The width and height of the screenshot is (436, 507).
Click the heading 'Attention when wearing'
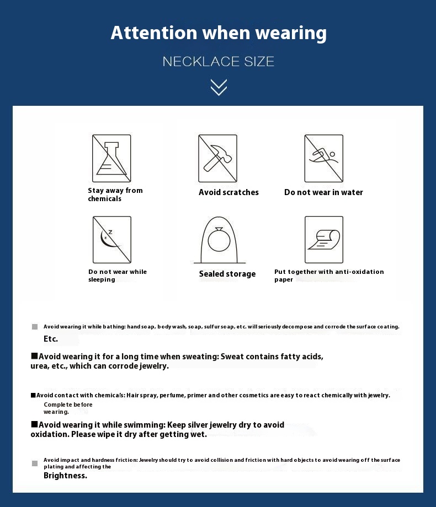coord(219,33)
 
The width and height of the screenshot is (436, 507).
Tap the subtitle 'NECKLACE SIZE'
coord(219,61)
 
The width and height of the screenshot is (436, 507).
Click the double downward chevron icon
coord(219,87)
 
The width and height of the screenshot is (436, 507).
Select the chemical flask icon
coord(111,158)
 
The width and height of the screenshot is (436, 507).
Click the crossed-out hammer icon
coord(217,158)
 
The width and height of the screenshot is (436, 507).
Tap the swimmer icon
coord(324,158)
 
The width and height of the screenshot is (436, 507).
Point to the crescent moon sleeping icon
coord(111,240)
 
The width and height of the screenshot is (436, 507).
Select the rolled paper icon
coord(324,240)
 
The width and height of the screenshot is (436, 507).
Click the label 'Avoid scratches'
coord(228,192)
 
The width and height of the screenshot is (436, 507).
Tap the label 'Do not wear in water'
coord(323,192)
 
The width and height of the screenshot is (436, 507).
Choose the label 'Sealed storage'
coord(227,274)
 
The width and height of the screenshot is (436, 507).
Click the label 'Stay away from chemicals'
coord(115,195)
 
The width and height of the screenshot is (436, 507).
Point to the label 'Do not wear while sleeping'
coord(117,276)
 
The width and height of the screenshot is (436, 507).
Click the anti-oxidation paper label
coord(329,276)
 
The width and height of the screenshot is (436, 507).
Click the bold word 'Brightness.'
coord(65,476)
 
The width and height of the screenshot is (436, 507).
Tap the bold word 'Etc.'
coord(51,339)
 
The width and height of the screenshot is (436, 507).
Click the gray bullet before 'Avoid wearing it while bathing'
coord(35,327)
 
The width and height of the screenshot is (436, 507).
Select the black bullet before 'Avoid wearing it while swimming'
coord(34,424)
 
